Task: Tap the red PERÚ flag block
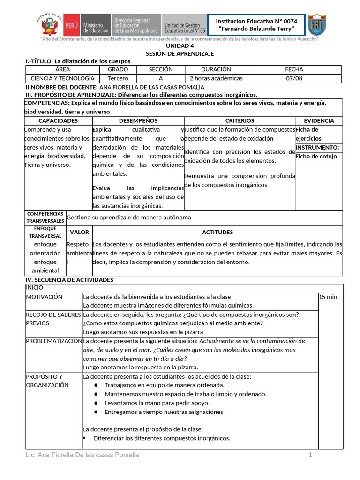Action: pos(72,24)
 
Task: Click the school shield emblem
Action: pos(317,24)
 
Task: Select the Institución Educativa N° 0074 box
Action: pos(257,24)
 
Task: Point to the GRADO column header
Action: pos(118,69)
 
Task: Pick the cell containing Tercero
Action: pos(118,78)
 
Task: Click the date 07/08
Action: pos(294,78)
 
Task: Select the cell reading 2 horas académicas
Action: pos(216,78)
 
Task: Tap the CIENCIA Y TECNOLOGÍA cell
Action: pos(62,78)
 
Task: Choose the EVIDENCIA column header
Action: pos(319,121)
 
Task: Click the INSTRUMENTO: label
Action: pos(317,148)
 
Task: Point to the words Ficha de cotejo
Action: pos(316,157)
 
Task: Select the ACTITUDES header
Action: pos(217,232)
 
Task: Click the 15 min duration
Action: pos(328,297)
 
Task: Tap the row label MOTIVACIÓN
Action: pos(44,297)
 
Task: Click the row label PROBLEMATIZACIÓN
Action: pos(54,341)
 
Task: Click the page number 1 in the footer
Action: pos(310,455)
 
